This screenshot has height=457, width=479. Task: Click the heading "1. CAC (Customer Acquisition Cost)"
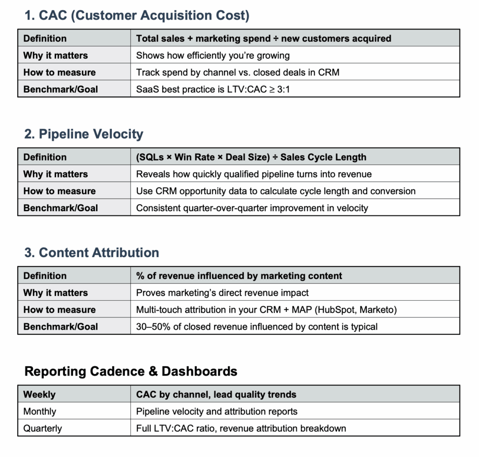tap(137, 15)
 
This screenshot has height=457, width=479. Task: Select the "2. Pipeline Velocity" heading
tap(84, 134)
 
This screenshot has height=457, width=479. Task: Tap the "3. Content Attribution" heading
tap(92, 253)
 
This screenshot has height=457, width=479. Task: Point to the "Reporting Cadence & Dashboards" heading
tap(131, 372)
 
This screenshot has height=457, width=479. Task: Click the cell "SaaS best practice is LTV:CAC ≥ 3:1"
tap(213, 89)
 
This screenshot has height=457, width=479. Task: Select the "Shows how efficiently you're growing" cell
tap(213, 55)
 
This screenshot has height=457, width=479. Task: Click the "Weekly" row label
tap(39, 395)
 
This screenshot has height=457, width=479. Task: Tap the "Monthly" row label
tap(40, 412)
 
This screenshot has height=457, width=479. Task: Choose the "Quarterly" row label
tap(43, 428)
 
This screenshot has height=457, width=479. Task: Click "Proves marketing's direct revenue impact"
tap(222, 293)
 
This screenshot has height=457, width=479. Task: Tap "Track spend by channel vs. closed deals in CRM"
tap(237, 72)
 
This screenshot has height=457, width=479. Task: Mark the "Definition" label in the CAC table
tap(45, 38)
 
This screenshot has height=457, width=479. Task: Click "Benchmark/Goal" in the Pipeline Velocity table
tap(61, 208)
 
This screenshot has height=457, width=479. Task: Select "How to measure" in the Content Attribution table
tap(59, 310)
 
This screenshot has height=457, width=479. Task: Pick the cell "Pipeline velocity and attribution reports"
tap(217, 412)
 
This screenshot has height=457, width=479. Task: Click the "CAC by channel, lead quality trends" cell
tap(216, 395)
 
